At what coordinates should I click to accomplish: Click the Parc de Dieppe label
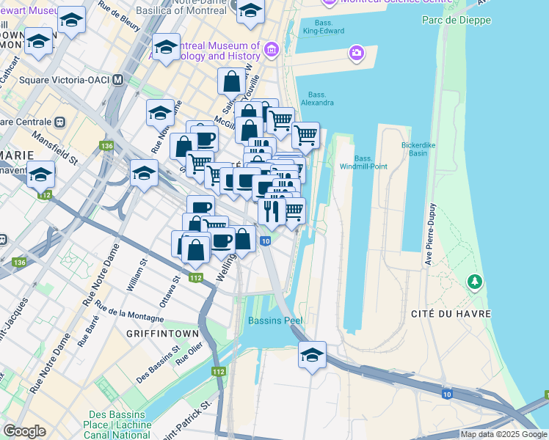pos(456,19)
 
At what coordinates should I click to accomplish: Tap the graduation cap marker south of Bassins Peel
pos(312,356)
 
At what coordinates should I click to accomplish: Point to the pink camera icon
pos(356,52)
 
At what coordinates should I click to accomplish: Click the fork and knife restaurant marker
pos(272,212)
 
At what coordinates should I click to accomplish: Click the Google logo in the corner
pos(24,431)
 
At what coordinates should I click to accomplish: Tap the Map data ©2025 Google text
pos(503,434)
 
